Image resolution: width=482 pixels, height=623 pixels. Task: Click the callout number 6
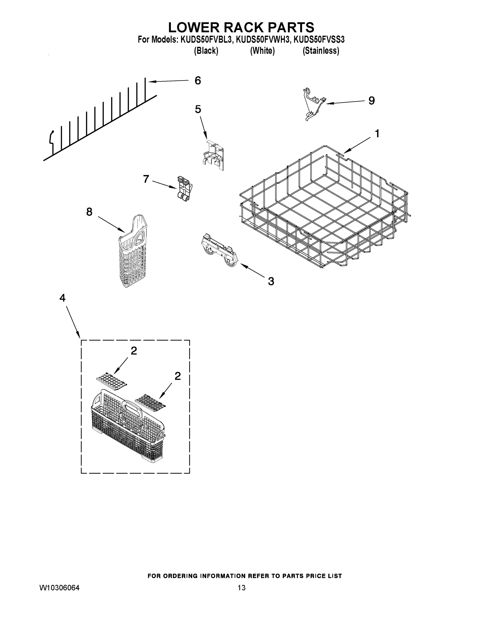pyautogui.click(x=197, y=81)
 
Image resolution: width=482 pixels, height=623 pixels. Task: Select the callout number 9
pyautogui.click(x=371, y=101)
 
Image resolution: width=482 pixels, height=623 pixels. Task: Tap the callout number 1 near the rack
pyautogui.click(x=377, y=133)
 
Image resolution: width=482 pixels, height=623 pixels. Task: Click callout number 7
pyautogui.click(x=146, y=179)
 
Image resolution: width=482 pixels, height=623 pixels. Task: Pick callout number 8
pyautogui.click(x=89, y=212)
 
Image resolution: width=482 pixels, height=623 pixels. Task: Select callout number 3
pyautogui.click(x=271, y=281)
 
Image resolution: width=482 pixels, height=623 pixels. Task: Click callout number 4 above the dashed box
pyautogui.click(x=63, y=298)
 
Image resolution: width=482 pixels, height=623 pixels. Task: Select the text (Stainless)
pyautogui.click(x=321, y=51)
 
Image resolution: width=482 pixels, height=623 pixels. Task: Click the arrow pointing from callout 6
pyautogui.click(x=168, y=81)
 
